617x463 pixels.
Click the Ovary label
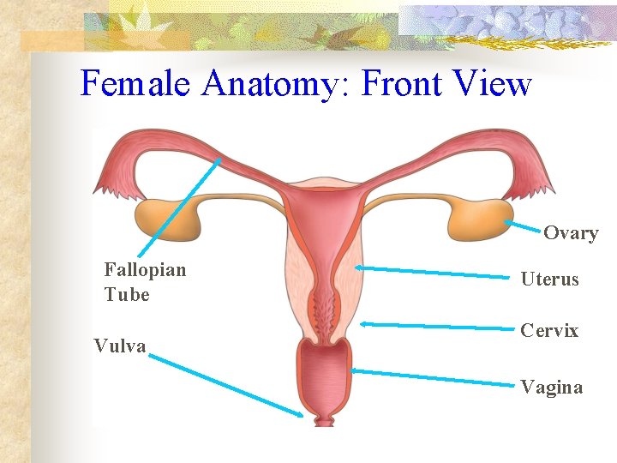571,233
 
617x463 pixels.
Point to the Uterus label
549,280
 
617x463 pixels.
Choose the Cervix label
549,331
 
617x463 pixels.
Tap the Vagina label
551,388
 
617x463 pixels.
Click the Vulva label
120,346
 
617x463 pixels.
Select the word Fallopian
145,270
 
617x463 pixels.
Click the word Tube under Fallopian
127,295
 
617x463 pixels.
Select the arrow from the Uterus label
437,273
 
